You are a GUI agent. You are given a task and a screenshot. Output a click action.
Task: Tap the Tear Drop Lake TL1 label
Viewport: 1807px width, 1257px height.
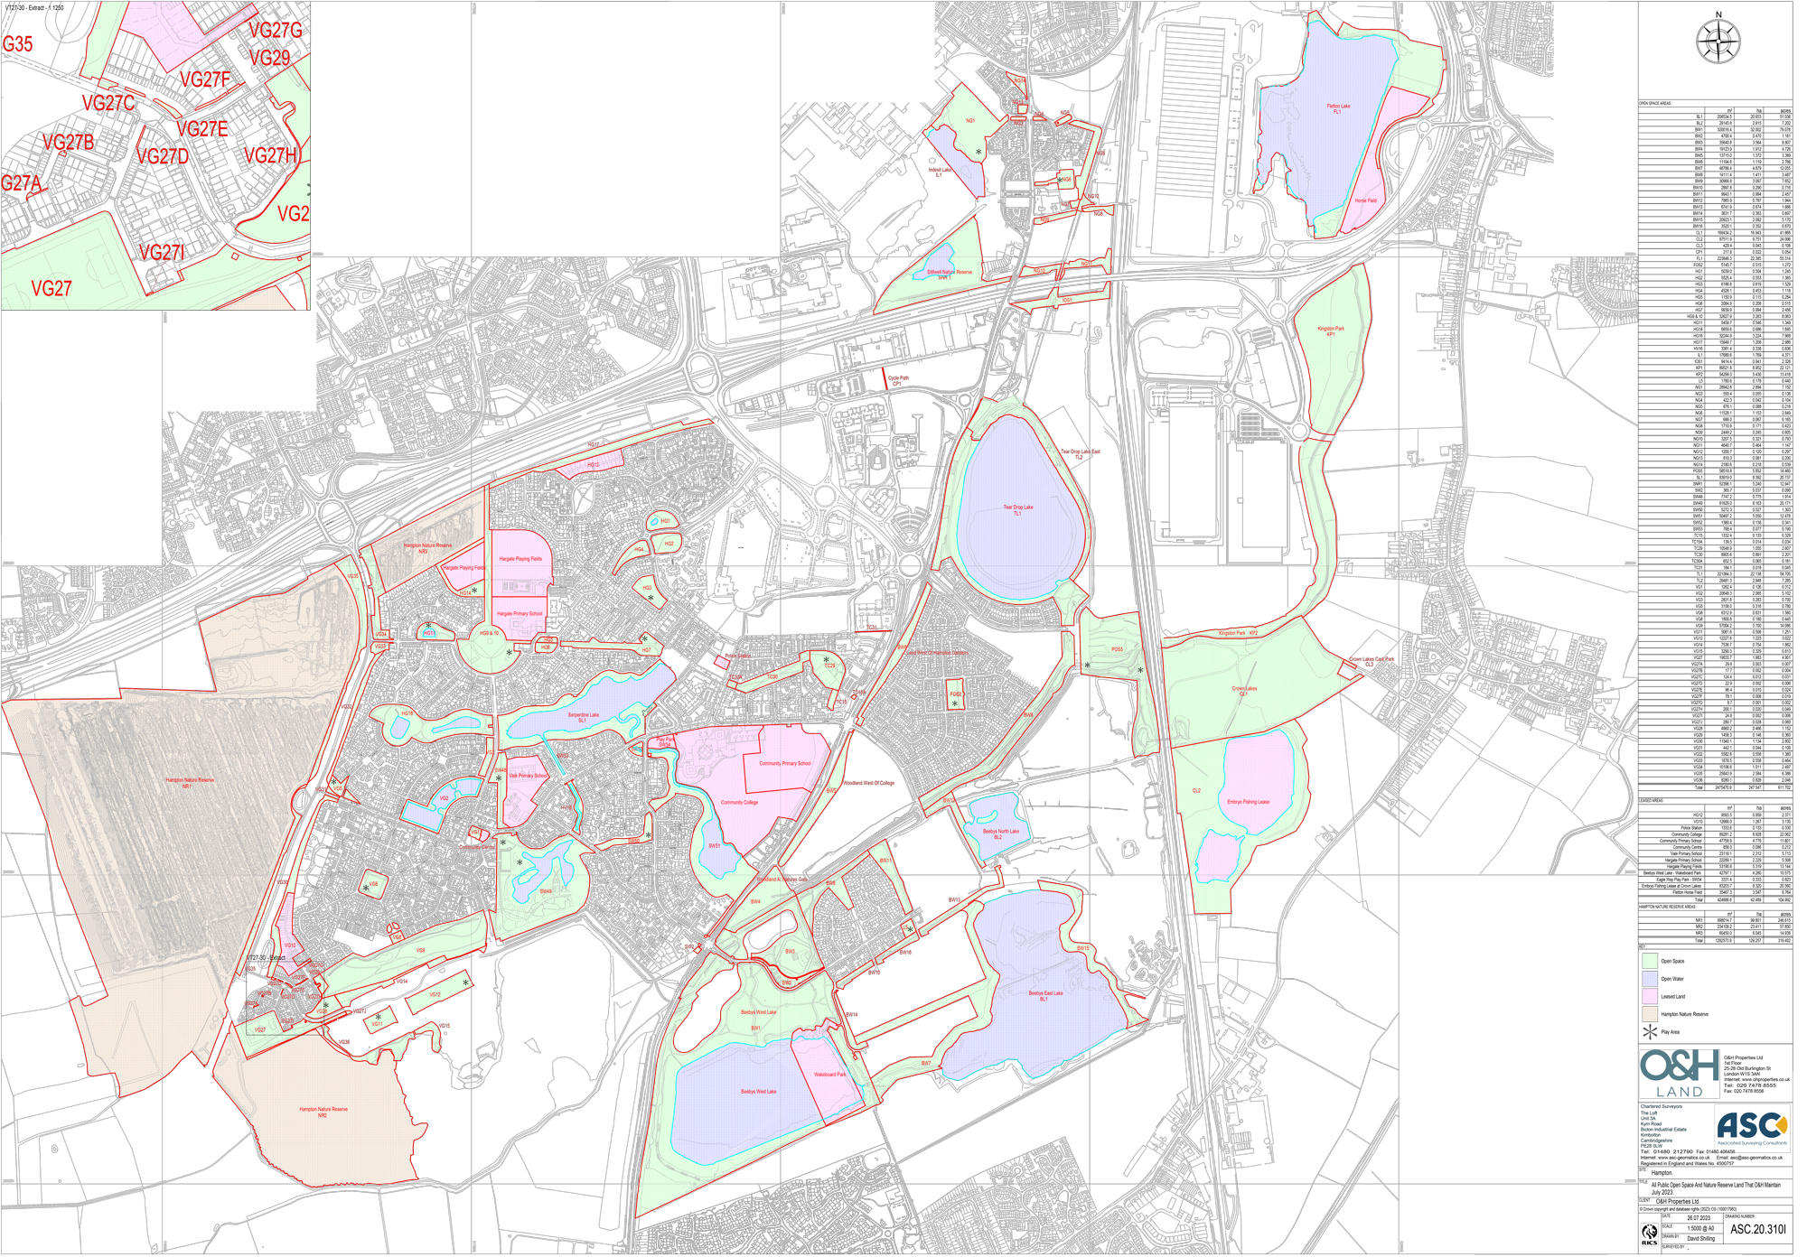coord(1017,510)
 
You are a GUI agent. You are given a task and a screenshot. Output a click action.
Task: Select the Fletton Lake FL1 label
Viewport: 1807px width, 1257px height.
coord(1338,109)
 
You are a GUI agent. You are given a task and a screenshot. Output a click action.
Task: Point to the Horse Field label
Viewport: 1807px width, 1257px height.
coord(1365,200)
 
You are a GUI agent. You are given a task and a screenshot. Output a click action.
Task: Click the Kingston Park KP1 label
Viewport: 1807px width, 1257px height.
coord(1330,331)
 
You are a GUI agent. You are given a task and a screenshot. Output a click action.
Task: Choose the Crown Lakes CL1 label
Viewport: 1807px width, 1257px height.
coord(1244,691)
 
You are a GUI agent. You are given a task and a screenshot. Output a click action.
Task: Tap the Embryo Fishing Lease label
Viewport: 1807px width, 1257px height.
coord(1248,802)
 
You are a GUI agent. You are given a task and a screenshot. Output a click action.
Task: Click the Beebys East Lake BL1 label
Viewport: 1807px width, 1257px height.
coord(1045,995)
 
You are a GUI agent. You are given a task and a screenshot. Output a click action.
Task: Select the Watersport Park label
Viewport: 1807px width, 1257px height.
coord(829,1075)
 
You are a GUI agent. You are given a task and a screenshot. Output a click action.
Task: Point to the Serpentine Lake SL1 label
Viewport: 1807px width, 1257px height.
coord(583,717)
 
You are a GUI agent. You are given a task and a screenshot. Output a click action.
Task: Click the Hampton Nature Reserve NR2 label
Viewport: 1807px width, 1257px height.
coord(323,1112)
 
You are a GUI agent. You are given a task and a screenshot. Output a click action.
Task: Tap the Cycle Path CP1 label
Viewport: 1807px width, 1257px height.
coord(898,381)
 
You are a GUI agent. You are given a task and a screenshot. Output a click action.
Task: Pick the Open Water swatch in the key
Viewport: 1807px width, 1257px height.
coord(1650,978)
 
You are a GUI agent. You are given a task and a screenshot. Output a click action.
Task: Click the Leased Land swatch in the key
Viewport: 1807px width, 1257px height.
coord(1650,996)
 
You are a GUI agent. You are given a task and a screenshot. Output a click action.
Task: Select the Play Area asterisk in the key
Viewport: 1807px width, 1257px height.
coord(1650,1031)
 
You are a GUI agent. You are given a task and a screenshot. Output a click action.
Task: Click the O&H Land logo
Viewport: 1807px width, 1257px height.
coord(1680,1073)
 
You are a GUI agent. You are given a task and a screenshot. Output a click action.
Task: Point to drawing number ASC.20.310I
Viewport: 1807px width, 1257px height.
coord(1757,1229)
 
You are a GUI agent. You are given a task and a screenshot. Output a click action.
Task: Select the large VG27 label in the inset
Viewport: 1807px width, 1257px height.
coord(51,289)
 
